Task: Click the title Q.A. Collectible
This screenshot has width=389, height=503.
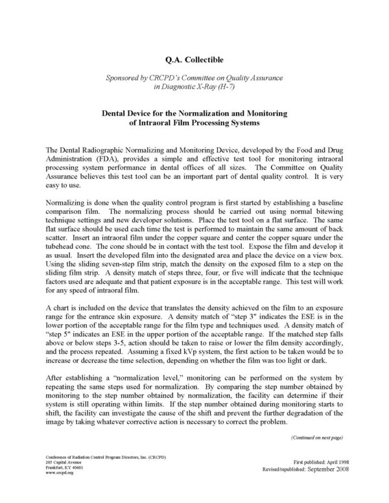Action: (x=194, y=60)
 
